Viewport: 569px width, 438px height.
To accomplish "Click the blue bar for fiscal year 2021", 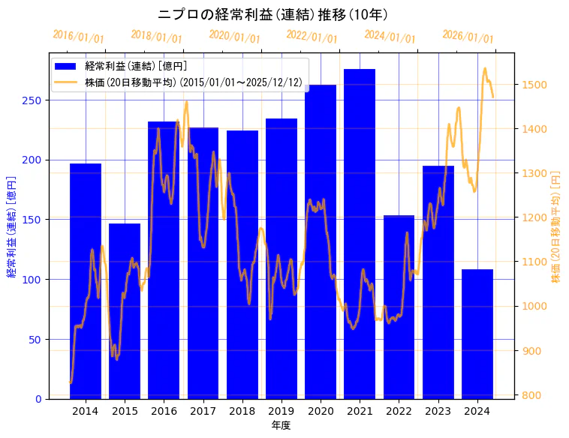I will click(x=360, y=233).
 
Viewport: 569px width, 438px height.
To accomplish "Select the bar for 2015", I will click(x=125, y=310).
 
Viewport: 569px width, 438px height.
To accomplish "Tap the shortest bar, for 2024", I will click(x=477, y=334).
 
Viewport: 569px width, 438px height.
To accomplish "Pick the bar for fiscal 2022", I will click(x=399, y=307).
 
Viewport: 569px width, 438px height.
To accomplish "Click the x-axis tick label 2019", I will click(x=281, y=411).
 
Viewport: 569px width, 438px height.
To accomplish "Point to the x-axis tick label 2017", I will click(x=203, y=411).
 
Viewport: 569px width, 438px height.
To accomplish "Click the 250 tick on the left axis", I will click(x=37, y=100).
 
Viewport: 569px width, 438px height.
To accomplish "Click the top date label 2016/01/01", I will click(x=79, y=37).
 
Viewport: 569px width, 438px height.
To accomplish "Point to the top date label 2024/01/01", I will click(x=390, y=36).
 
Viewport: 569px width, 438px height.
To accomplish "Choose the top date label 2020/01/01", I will click(x=234, y=36).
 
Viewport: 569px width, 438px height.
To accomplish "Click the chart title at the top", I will click(x=272, y=14).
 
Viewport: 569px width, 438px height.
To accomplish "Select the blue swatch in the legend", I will click(x=67, y=67).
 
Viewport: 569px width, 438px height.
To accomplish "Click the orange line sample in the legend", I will click(x=67, y=82).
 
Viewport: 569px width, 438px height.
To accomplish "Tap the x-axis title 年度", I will click(x=281, y=425).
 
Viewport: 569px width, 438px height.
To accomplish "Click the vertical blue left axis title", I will click(x=11, y=226).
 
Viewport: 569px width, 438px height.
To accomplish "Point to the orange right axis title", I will click(x=556, y=226).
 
